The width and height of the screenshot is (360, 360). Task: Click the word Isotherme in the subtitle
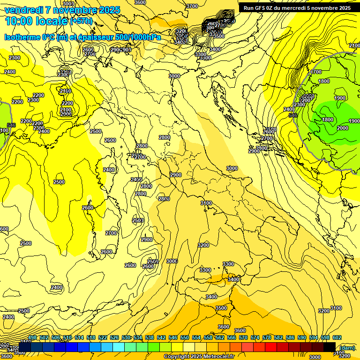pos(22,37)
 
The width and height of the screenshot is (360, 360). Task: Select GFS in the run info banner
pos(258,8)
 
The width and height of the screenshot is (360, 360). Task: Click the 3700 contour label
pos(192,6)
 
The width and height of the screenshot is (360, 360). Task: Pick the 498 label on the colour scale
pos(32,338)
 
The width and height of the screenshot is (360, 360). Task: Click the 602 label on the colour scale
pos(337,338)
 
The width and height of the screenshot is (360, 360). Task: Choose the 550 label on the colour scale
pos(185,338)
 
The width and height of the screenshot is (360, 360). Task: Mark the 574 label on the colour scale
pos(255,338)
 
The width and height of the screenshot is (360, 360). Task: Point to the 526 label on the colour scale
pos(114,338)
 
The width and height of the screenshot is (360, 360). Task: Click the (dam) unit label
pos(347,347)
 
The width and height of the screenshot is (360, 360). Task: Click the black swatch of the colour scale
pos(330,347)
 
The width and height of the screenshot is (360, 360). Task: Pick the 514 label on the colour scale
pos(79,338)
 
